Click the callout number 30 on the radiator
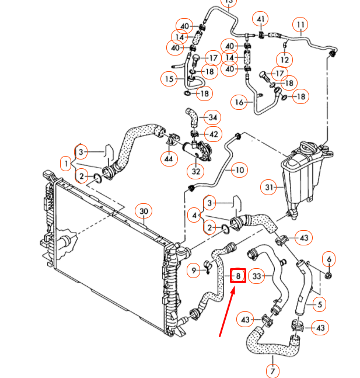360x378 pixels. (144, 211)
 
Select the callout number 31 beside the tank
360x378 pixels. (270, 188)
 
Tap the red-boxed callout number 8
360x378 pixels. (238, 275)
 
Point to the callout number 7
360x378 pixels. (272, 370)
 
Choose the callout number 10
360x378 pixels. (239, 170)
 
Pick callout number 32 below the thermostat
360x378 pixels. (196, 172)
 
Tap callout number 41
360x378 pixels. (261, 20)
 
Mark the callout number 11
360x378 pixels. (301, 25)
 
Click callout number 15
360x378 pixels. (169, 78)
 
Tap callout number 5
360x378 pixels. (318, 304)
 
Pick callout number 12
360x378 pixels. (285, 60)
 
